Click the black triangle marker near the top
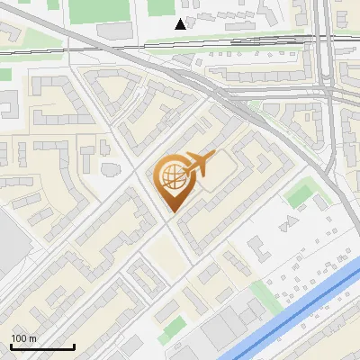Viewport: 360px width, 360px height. (181, 23)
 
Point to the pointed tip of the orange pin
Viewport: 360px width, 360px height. (173, 211)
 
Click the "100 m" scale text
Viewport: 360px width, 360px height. (23, 338)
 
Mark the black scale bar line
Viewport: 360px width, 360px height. (42, 347)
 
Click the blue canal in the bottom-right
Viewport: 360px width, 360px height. (297, 306)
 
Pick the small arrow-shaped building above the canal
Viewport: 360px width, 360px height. (291, 220)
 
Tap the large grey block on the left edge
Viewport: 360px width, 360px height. (9, 243)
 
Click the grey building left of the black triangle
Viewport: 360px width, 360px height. (114, 31)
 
